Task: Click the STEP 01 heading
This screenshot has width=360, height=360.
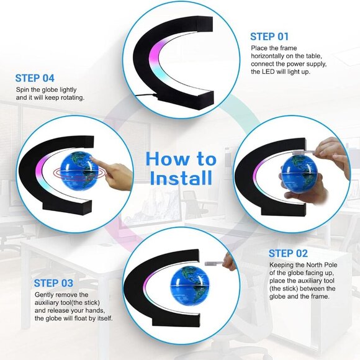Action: (x=269, y=37)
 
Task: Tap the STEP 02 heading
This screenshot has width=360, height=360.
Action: (x=288, y=253)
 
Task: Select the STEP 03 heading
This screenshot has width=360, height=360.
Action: (x=53, y=283)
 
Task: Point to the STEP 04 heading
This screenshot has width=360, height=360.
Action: (x=35, y=78)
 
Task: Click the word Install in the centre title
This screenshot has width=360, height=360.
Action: (x=181, y=178)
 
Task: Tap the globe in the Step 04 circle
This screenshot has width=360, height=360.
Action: (x=79, y=170)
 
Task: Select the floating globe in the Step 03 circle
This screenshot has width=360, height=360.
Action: (x=189, y=286)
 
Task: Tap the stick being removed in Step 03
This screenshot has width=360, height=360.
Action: (x=214, y=263)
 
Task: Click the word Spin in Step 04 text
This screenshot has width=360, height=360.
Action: (x=23, y=90)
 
